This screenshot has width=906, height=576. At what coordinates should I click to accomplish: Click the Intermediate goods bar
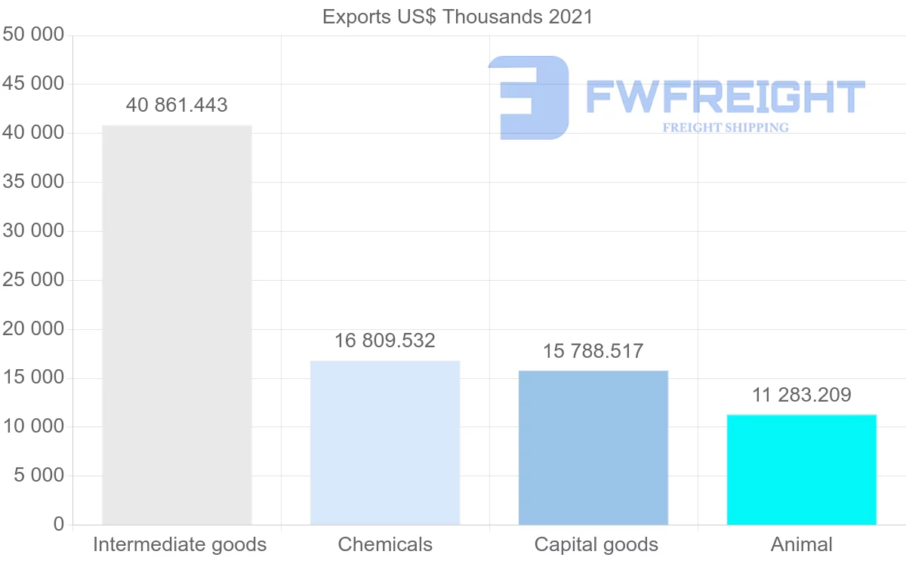(x=177, y=325)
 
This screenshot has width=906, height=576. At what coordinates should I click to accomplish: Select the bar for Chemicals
(x=385, y=442)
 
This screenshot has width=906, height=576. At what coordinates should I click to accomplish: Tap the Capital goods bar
(x=593, y=447)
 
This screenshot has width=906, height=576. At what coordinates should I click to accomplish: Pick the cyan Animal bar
(x=802, y=469)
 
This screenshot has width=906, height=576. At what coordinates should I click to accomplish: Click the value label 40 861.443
(x=177, y=106)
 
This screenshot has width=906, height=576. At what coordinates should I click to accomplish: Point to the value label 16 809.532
(x=385, y=341)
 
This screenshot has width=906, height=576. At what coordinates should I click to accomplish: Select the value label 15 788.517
(x=593, y=352)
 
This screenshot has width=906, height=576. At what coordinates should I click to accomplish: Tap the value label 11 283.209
(x=802, y=395)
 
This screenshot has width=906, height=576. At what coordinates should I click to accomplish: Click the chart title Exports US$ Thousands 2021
(x=458, y=17)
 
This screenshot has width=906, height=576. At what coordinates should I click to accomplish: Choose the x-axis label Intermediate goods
(x=180, y=544)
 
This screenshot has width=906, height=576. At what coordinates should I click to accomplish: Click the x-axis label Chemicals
(x=385, y=544)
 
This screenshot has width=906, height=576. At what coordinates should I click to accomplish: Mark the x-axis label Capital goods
(x=596, y=544)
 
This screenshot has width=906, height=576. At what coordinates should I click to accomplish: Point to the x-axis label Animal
(x=802, y=544)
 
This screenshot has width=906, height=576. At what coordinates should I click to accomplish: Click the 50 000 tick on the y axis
(x=33, y=35)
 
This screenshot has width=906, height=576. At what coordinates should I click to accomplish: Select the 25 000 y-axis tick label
(x=33, y=280)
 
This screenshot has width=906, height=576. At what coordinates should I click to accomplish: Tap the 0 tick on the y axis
(x=59, y=525)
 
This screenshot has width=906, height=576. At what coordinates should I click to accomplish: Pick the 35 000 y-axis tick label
(x=33, y=182)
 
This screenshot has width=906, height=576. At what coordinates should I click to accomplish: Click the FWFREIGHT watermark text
(x=725, y=97)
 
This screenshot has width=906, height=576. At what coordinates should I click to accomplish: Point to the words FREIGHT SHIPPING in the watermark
(x=725, y=128)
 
